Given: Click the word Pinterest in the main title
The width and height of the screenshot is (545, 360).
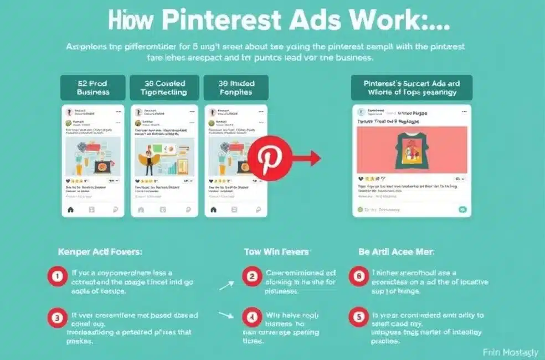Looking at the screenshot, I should [x=221, y=21].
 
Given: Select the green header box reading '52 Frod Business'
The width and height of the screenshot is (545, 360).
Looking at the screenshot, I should [x=92, y=88].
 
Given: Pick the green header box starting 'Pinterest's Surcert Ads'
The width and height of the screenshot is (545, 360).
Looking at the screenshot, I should [x=412, y=88].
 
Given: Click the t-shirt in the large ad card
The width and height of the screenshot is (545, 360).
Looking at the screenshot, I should [x=411, y=149].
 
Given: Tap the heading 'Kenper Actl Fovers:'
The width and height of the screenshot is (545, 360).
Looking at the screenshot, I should [x=100, y=251].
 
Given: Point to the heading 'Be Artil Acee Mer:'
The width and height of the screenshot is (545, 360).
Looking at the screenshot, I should [x=396, y=251].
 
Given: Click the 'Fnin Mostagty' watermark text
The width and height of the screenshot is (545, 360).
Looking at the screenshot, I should [x=510, y=352].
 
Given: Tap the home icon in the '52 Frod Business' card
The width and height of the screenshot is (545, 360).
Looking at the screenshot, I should [x=70, y=209].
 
